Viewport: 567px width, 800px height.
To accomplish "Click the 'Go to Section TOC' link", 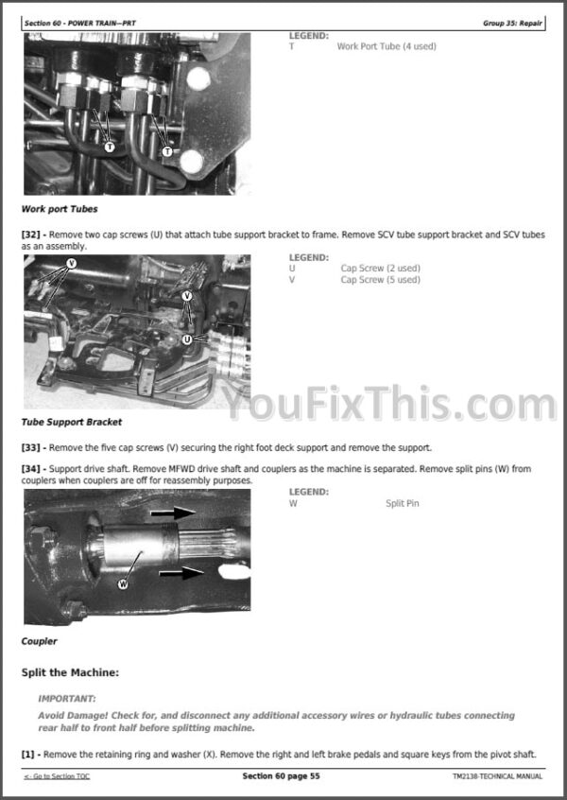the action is (x=57, y=776).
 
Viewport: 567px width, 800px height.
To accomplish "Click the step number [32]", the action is (x=30, y=235).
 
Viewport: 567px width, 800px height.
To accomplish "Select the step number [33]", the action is (x=30, y=448).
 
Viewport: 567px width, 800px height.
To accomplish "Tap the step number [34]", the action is (x=30, y=469).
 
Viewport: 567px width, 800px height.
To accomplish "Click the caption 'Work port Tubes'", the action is (x=60, y=209).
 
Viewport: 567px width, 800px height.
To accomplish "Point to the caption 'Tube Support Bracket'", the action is (x=72, y=422).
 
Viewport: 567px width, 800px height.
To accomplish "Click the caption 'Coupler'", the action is (x=40, y=641).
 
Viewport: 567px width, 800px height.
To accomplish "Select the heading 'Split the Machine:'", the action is (x=70, y=672).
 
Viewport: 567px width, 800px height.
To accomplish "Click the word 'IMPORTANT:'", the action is (x=67, y=699).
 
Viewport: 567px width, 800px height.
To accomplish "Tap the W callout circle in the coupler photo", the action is (x=123, y=583).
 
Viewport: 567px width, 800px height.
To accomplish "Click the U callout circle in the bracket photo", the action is (x=187, y=339).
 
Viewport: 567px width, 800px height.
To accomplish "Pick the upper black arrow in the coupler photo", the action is (x=173, y=513).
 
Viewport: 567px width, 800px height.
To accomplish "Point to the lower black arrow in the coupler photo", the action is (x=181, y=573).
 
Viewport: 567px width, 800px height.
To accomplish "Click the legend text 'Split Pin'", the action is (x=403, y=504).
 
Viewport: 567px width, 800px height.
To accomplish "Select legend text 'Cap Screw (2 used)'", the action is (x=381, y=269).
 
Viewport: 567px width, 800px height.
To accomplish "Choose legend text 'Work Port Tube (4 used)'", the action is (x=387, y=46).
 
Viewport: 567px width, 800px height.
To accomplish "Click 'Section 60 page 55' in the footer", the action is (x=281, y=776).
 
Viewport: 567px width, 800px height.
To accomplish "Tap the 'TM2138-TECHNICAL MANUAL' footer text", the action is (x=497, y=776).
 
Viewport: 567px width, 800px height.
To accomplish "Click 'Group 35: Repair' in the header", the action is (x=512, y=23).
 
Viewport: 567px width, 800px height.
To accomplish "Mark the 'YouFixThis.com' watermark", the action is (x=390, y=404).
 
